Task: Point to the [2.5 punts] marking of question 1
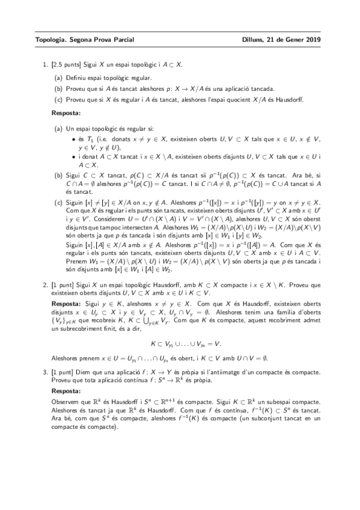[66, 64]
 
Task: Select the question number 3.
[44, 366]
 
